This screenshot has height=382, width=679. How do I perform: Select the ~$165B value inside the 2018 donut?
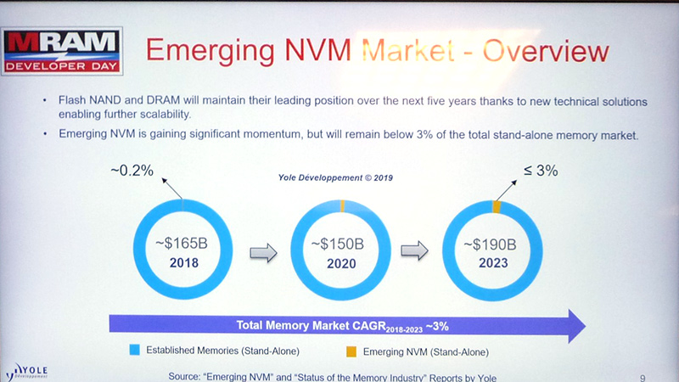(x=182, y=244)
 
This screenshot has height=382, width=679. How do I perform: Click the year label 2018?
(x=182, y=263)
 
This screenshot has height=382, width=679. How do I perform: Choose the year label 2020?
(x=339, y=264)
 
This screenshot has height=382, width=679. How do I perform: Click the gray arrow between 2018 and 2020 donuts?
(x=261, y=252)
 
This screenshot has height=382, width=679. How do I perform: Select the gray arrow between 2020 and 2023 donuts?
(x=415, y=251)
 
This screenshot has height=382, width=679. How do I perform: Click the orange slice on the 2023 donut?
(x=497, y=207)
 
